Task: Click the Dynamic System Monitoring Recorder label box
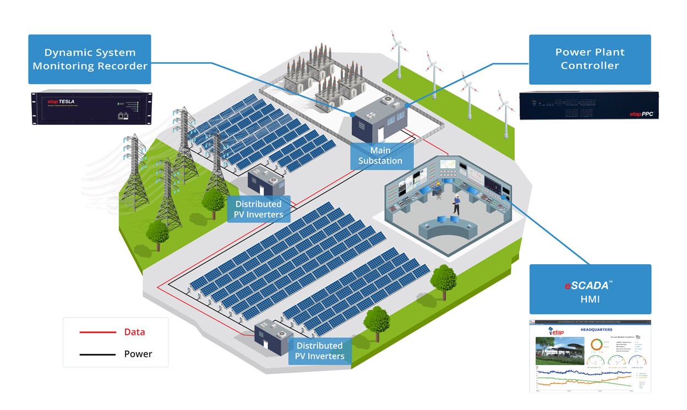(90, 59)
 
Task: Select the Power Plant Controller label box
(590, 59)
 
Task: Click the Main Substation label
(380, 156)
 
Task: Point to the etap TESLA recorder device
(90, 107)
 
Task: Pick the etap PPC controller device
(589, 105)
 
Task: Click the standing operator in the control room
(456, 204)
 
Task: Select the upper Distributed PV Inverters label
(259, 209)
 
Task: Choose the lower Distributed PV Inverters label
(320, 351)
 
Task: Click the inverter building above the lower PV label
(269, 335)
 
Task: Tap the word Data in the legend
(134, 332)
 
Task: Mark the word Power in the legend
(138, 354)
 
